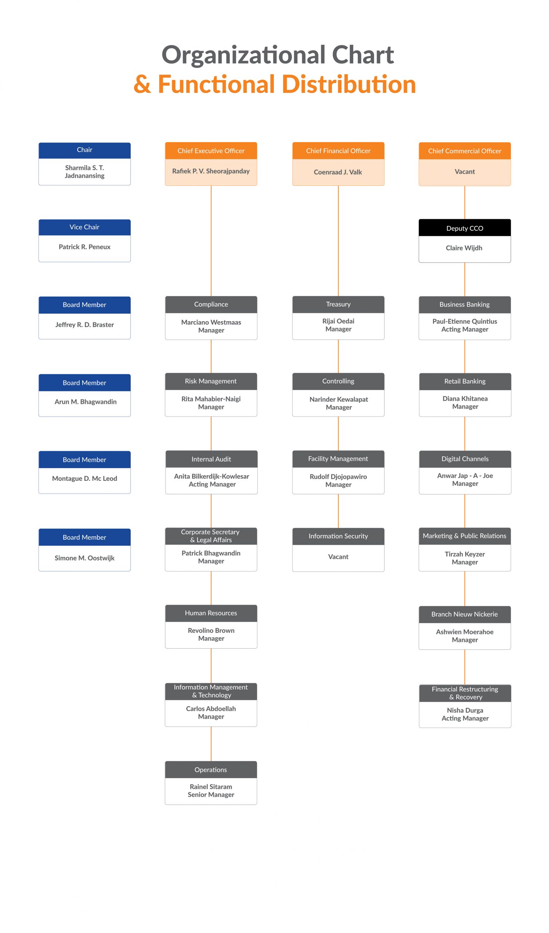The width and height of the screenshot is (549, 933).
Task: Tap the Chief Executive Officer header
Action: click(211, 151)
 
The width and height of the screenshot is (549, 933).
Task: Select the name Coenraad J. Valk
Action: click(338, 172)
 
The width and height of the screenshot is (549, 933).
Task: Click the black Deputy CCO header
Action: click(464, 228)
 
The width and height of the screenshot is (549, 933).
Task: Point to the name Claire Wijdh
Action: click(464, 248)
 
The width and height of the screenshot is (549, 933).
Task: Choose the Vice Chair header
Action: click(85, 227)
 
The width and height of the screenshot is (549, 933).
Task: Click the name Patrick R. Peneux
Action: click(85, 247)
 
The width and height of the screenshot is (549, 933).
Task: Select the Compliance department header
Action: click(211, 304)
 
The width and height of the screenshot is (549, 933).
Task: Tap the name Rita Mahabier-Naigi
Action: click(211, 399)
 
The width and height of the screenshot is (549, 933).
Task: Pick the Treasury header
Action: click(338, 304)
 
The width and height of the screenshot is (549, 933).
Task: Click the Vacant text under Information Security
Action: click(338, 557)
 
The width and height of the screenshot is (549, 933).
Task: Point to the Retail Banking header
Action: click(465, 381)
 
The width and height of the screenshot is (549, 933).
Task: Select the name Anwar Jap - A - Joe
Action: click(465, 475)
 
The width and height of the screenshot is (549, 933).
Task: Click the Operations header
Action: click(211, 769)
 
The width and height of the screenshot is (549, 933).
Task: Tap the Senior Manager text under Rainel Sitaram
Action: click(211, 795)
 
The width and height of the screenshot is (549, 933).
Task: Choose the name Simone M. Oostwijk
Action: click(85, 558)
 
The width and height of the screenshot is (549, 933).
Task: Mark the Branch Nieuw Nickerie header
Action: click(464, 614)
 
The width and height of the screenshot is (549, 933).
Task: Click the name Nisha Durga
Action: click(465, 710)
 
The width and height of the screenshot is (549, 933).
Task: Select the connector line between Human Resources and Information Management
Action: click(211, 666)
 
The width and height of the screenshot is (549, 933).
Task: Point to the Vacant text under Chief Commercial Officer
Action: click(464, 171)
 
